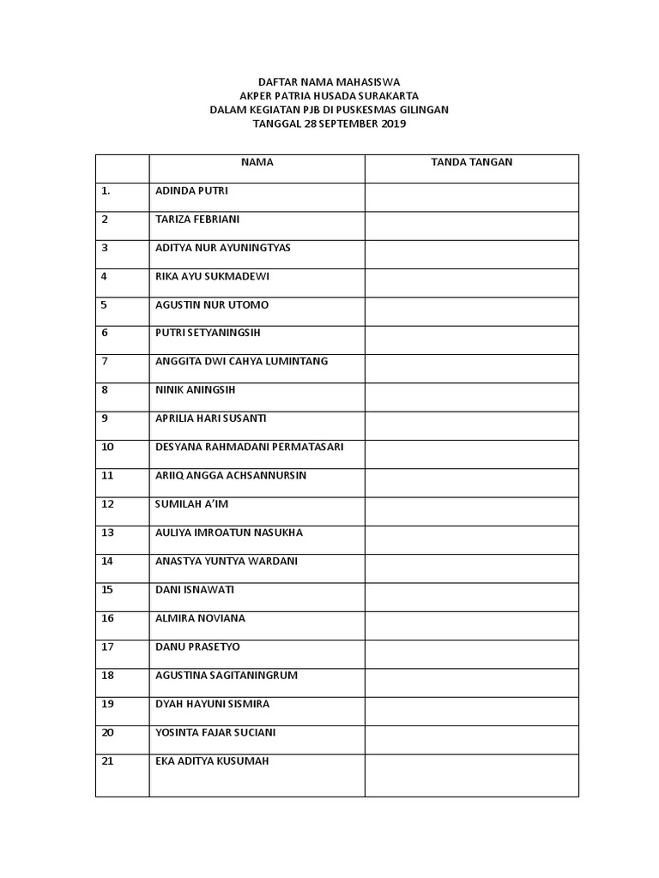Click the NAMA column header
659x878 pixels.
point(257,162)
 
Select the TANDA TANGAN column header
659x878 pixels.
point(471,162)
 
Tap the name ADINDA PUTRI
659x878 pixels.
point(191,190)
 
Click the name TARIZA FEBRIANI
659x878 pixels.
point(197,219)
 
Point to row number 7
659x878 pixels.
point(105,361)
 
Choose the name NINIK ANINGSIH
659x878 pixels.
point(196,390)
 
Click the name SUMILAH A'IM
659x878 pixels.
point(191,504)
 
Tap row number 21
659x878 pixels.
point(107,761)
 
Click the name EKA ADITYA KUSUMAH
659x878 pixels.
point(212,761)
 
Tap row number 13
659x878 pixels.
point(107,532)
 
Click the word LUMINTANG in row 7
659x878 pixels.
point(299,361)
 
